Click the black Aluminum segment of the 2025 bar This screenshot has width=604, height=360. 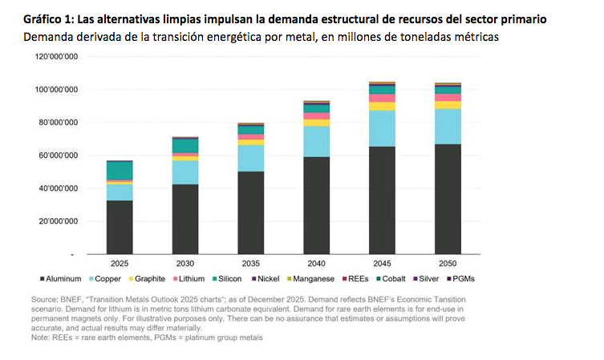tap(120, 227)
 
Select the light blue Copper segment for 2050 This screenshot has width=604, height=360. tap(448, 127)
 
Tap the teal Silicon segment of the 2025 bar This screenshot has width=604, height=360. tap(120, 171)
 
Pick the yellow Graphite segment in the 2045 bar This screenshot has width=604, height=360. tap(382, 107)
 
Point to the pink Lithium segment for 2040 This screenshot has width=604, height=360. tap(317, 116)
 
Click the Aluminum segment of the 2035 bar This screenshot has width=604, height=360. tap(251, 213)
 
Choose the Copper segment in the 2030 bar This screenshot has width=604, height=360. tap(185, 172)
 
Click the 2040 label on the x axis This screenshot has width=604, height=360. tap(317, 264)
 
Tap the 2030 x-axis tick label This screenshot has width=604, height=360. tap(185, 264)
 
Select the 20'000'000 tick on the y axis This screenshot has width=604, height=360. tap(59, 221)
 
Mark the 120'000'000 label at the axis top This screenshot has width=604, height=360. tap(56, 57)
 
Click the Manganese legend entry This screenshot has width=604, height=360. tap(310, 279)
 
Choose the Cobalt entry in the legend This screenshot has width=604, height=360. tap(391, 279)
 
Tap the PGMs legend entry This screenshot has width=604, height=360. tap(460, 279)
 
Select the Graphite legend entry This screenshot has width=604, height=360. tap(147, 279)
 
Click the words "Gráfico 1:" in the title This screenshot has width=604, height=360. tap(49, 19)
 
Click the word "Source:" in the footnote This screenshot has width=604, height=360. tap(45, 300)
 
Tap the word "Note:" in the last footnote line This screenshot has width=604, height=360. tap(40, 338)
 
